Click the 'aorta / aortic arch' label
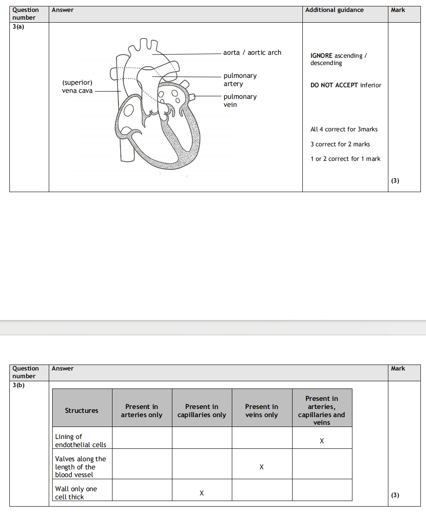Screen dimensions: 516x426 (x=252, y=53)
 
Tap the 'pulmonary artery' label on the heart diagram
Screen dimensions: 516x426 (x=240, y=80)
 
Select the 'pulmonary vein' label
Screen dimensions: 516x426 (x=240, y=101)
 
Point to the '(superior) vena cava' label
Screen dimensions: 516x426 (x=77, y=86)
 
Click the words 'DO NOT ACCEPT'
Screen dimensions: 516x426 (x=334, y=85)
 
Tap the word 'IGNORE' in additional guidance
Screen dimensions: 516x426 (x=321, y=56)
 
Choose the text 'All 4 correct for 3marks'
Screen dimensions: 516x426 (x=344, y=129)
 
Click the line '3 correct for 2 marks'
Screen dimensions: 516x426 (x=340, y=144)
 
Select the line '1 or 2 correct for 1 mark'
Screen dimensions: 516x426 (x=345, y=159)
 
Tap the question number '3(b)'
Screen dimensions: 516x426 (x=18, y=385)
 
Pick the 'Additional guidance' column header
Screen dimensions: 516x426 (x=334, y=10)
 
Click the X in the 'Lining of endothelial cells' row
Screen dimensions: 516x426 (x=322, y=441)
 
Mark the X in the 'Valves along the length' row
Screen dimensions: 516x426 (x=261, y=467)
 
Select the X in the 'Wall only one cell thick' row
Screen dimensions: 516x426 (x=201, y=493)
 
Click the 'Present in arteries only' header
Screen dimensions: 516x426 (x=142, y=411)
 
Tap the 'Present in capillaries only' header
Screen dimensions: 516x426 (x=201, y=411)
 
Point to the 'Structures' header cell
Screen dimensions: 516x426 (x=82, y=411)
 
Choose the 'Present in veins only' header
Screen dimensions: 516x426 (x=261, y=411)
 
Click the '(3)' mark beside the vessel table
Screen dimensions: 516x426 (x=395, y=495)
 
